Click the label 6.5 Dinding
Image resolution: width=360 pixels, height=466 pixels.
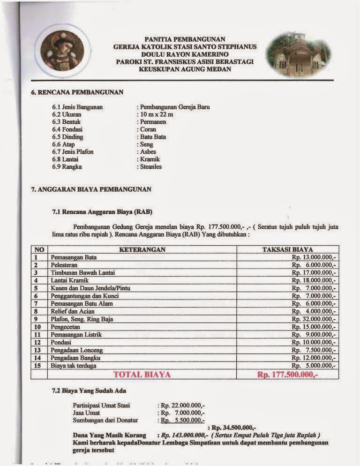69,137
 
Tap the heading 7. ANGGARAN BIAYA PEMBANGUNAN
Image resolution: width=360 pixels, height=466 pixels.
91,189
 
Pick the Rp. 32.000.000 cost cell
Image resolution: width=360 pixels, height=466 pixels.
314,319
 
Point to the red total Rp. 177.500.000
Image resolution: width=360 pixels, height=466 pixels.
287,374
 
